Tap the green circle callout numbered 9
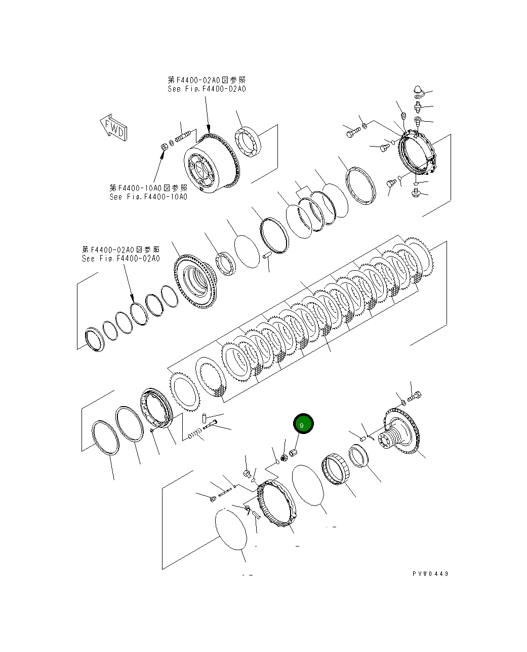click(x=303, y=424)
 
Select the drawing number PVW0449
click(x=430, y=573)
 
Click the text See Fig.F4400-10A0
click(x=148, y=197)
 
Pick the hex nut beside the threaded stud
click(x=164, y=147)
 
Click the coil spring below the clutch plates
click(x=194, y=435)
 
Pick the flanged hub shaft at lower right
click(x=400, y=432)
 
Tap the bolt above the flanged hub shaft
click(x=414, y=396)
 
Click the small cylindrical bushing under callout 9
click(x=293, y=452)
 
